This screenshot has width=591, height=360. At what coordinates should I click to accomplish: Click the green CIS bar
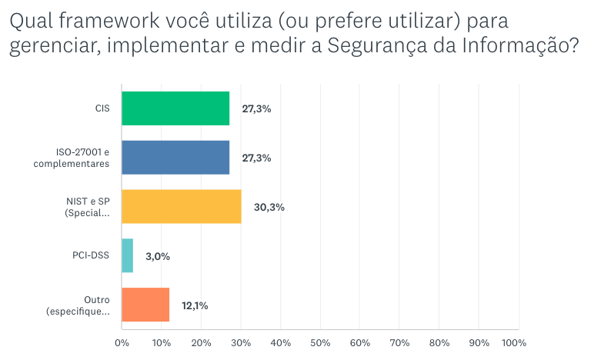[x=175, y=108]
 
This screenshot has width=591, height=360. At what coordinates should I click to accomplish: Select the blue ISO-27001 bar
[x=175, y=158]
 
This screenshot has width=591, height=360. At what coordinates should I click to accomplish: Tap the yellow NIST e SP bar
[x=182, y=206]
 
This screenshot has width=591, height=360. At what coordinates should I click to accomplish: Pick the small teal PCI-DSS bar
[x=128, y=255]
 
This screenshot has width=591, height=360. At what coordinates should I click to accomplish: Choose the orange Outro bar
[x=145, y=305]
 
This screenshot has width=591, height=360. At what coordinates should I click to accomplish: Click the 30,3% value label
[x=269, y=206]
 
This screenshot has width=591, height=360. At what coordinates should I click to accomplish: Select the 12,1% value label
[x=195, y=305]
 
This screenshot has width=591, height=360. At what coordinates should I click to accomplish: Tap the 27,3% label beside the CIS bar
[x=256, y=108]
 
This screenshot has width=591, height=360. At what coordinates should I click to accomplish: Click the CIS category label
[x=102, y=108]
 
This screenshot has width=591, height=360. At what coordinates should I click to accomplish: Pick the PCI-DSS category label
[x=92, y=255]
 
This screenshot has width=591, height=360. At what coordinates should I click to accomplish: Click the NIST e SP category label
[x=87, y=206]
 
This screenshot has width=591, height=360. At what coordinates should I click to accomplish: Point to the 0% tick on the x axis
[x=122, y=342]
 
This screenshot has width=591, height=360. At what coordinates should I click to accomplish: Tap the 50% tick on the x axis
[x=320, y=342]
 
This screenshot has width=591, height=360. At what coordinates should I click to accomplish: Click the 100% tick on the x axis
[x=515, y=342]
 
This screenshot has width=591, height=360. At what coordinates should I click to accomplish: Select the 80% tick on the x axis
[x=439, y=342]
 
